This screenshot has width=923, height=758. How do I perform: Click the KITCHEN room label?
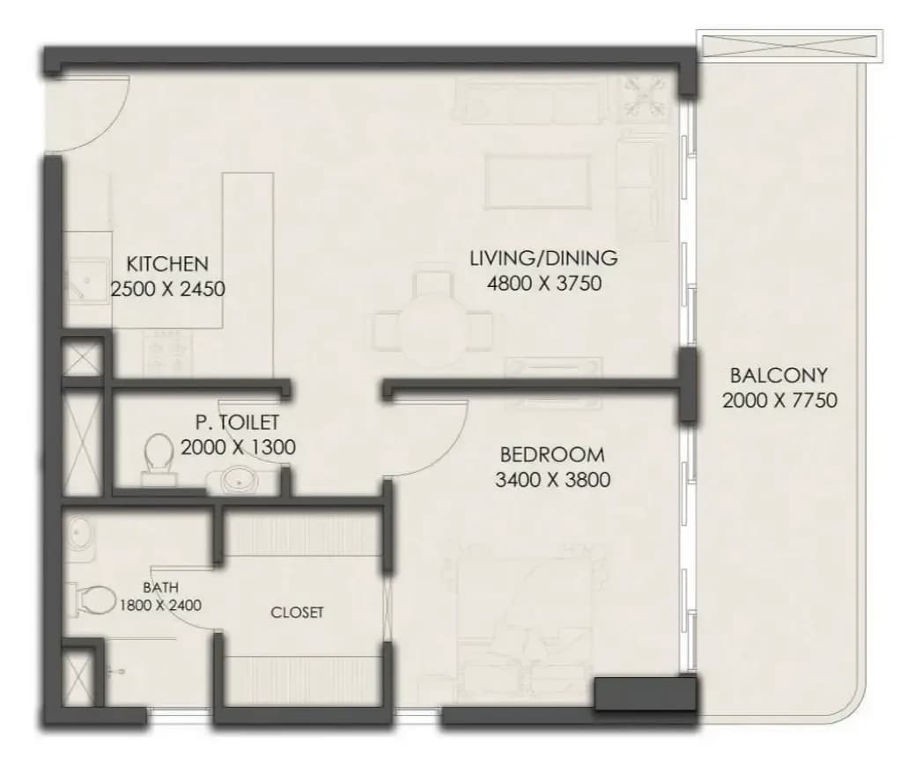[167, 263]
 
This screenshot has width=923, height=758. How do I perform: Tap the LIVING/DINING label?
[544, 258]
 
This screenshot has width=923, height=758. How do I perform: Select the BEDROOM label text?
[552, 454]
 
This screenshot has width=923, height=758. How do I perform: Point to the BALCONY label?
[779, 375]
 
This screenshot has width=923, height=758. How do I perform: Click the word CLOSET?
[297, 613]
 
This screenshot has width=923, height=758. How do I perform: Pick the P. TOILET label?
[237, 422]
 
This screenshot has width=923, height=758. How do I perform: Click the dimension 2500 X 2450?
[167, 289]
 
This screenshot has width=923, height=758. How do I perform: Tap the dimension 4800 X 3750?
[544, 283]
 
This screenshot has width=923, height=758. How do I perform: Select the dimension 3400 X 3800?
[552, 480]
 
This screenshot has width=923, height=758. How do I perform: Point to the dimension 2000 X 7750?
[779, 401]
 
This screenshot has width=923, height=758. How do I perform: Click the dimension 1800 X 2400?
[160, 605]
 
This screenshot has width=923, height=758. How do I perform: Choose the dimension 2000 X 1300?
[238, 447]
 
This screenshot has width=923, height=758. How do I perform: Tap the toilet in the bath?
[91, 600]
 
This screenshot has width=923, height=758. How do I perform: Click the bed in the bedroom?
[525, 624]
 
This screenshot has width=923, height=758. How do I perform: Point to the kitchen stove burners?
[167, 350]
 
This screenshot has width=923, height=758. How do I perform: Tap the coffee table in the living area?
[537, 181]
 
